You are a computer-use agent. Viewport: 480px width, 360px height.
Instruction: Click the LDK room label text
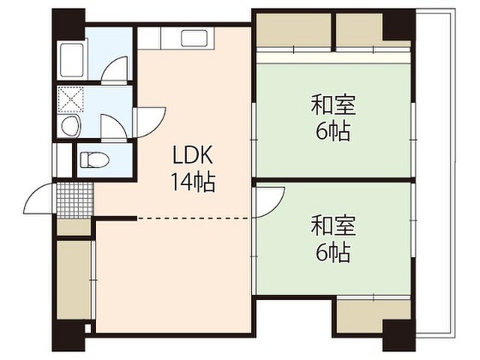click(x=193, y=154)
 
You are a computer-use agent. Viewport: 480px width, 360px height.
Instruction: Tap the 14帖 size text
click(x=193, y=182)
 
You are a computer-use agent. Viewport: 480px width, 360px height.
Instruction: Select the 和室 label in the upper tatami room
click(x=333, y=105)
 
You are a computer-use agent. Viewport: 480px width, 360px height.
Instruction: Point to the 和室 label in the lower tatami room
click(x=333, y=225)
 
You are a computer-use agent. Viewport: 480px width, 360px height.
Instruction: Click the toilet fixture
click(x=94, y=160)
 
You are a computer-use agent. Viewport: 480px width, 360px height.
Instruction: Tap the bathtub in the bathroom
click(x=72, y=60)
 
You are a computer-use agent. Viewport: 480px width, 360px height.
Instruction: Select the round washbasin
click(x=70, y=125)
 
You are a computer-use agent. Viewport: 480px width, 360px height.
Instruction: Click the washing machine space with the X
click(x=70, y=99)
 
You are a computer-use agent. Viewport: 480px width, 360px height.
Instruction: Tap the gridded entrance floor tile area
click(x=75, y=200)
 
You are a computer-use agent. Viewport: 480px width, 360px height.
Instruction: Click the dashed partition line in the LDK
click(x=193, y=218)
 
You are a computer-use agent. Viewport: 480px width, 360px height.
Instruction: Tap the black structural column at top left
click(x=68, y=24)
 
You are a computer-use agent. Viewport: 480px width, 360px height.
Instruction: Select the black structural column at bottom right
click(x=399, y=335)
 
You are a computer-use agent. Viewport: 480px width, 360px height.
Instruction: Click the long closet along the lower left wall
click(x=74, y=280)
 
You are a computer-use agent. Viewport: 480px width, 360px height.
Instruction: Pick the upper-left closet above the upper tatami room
click(x=293, y=30)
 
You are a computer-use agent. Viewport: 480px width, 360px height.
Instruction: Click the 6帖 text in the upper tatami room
click(x=333, y=132)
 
